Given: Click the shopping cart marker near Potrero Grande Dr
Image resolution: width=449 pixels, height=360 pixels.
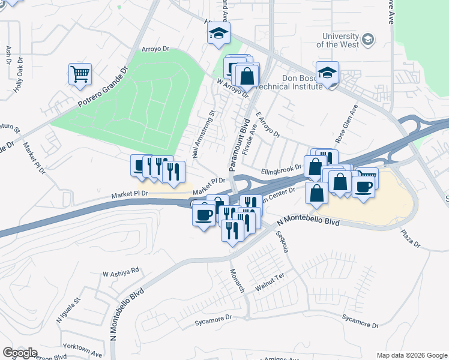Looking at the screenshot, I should [80, 75].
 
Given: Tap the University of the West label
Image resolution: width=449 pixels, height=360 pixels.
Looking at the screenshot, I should [338, 40].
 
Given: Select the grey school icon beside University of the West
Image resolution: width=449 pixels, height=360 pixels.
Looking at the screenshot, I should [368, 40].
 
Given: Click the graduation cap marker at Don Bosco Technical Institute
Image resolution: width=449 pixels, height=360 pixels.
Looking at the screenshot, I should [327, 74].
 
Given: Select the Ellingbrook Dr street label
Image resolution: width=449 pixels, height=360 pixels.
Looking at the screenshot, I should [281, 171].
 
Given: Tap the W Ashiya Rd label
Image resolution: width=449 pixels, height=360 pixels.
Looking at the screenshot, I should [121, 271].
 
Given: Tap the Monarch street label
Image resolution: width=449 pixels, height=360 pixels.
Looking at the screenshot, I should [238, 280].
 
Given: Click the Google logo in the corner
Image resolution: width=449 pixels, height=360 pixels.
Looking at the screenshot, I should [20, 353].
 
